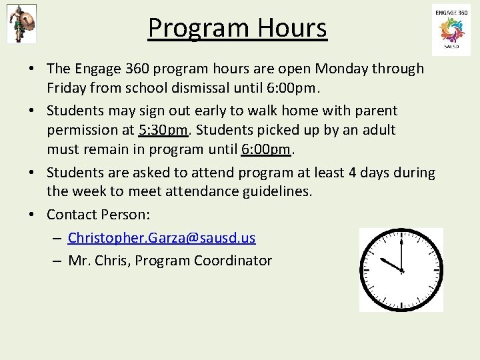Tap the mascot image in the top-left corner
(21, 23)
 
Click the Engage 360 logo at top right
(451, 30)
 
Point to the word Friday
(67, 87)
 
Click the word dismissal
(209, 87)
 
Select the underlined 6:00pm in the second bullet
(267, 149)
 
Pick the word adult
(377, 129)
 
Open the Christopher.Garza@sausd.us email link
(161, 237)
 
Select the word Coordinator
(233, 261)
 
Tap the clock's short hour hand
(391, 264)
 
